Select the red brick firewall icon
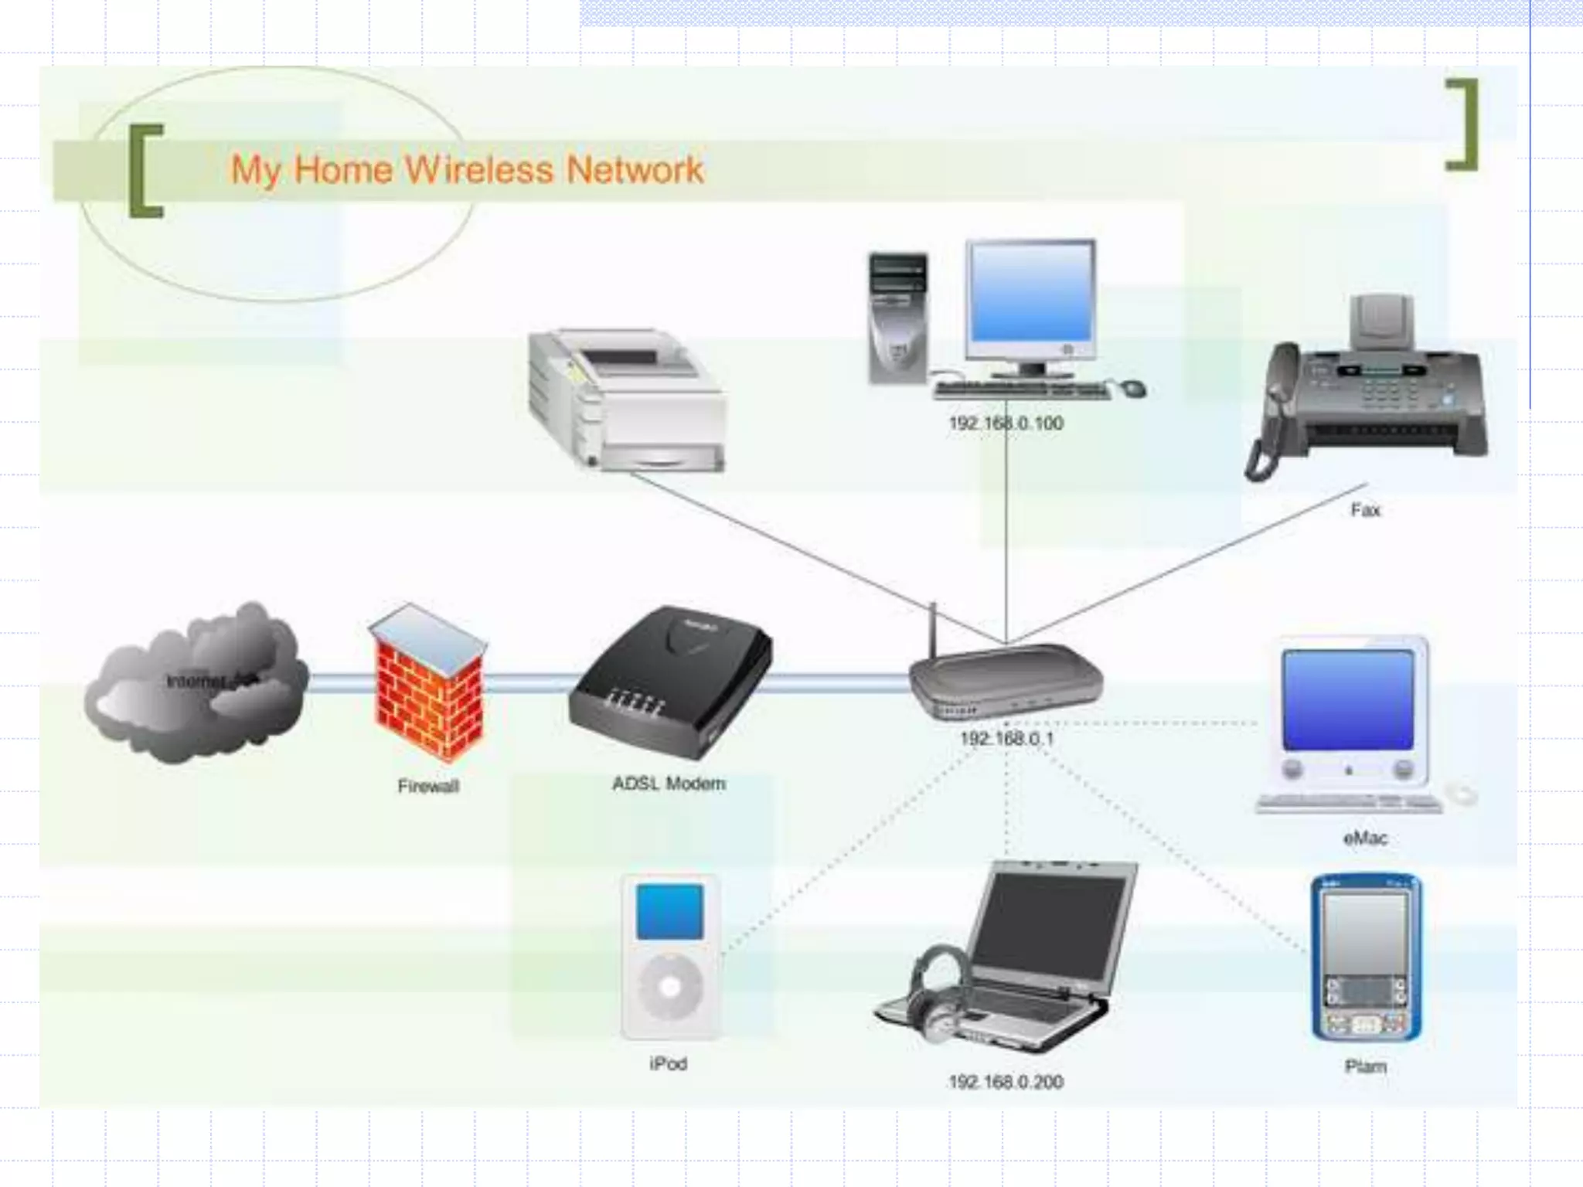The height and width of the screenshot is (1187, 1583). coord(428,684)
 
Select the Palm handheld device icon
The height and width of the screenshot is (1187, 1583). coord(1366,958)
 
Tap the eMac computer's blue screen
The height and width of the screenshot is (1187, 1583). coord(1347,699)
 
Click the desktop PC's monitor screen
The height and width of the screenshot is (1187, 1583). coord(1031,294)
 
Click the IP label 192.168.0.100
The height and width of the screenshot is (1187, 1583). coord(1006,423)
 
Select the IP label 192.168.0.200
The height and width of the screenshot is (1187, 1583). coord(1006,1082)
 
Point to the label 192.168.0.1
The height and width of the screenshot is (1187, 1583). coord(1006,739)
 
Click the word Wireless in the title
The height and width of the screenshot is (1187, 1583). coord(478,169)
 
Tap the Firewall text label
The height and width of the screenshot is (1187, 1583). coord(428,787)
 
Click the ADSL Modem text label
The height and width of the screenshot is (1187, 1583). coord(669,784)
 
